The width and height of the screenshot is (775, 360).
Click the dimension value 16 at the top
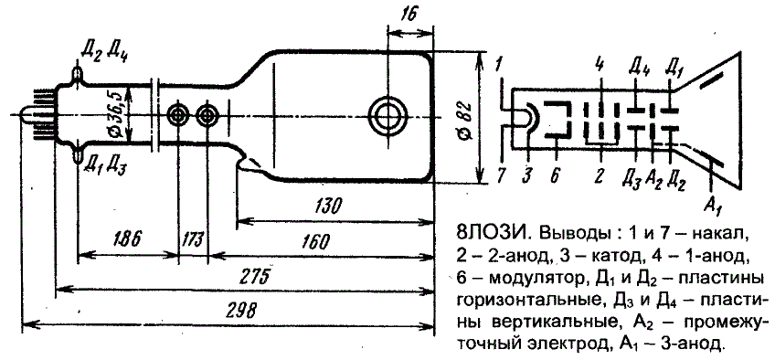click(x=409, y=14)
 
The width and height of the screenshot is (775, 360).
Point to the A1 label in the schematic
click(x=711, y=204)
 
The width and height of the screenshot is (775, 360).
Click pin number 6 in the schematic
click(x=554, y=175)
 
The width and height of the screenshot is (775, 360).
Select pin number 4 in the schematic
click(x=600, y=65)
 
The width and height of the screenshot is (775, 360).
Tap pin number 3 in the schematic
click(x=528, y=175)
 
